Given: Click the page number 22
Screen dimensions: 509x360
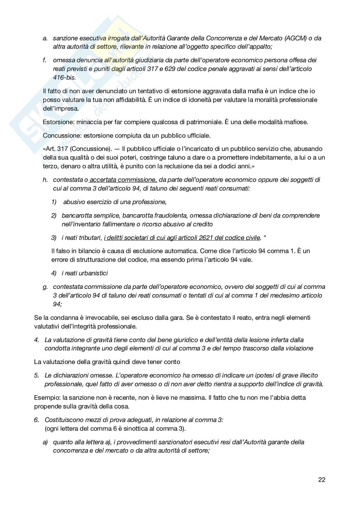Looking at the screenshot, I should pos(322,480).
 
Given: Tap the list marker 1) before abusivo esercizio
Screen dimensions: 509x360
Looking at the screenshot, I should pos(54,202).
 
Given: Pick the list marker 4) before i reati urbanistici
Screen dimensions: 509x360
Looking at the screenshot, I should pos(54,273).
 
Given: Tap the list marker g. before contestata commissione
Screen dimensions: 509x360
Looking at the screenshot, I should pos(45,287).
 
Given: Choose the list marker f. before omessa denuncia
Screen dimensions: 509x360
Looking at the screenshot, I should pos(45,60).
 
